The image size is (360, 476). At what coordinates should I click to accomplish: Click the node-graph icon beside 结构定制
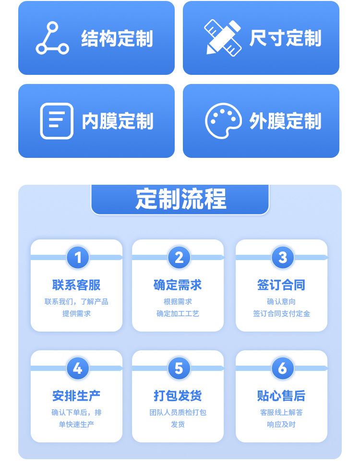[x=52, y=38]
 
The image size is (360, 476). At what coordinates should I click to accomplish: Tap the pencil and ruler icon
[x=223, y=37]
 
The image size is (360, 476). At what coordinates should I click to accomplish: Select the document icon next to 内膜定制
[x=57, y=121]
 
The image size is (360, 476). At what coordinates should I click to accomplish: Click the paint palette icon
[x=223, y=121]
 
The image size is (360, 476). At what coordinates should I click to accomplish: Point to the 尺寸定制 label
[x=285, y=38]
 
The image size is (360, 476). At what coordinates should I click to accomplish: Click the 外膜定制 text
[x=285, y=121]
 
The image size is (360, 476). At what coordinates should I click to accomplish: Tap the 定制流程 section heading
[x=180, y=199]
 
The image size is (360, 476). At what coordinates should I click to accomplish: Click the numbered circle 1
[x=78, y=258]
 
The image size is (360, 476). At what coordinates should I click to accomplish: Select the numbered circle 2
[x=179, y=258]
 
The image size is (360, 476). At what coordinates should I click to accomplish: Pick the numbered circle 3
[x=283, y=258]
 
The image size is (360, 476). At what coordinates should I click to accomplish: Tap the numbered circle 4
[x=78, y=369]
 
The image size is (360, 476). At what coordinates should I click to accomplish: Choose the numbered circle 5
[x=179, y=369]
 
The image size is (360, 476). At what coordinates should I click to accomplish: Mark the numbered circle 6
[x=283, y=369]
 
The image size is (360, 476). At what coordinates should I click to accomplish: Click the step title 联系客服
[x=76, y=285]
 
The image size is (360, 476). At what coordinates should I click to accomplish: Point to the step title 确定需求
[x=178, y=285]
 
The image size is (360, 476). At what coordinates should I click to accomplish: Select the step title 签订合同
[x=281, y=285]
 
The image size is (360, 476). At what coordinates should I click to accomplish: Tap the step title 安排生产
[x=76, y=396]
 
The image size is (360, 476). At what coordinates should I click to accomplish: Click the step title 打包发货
[x=178, y=396]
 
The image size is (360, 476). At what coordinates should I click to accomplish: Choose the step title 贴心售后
[x=281, y=396]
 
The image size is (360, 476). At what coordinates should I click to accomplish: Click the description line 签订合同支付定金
[x=281, y=314]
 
